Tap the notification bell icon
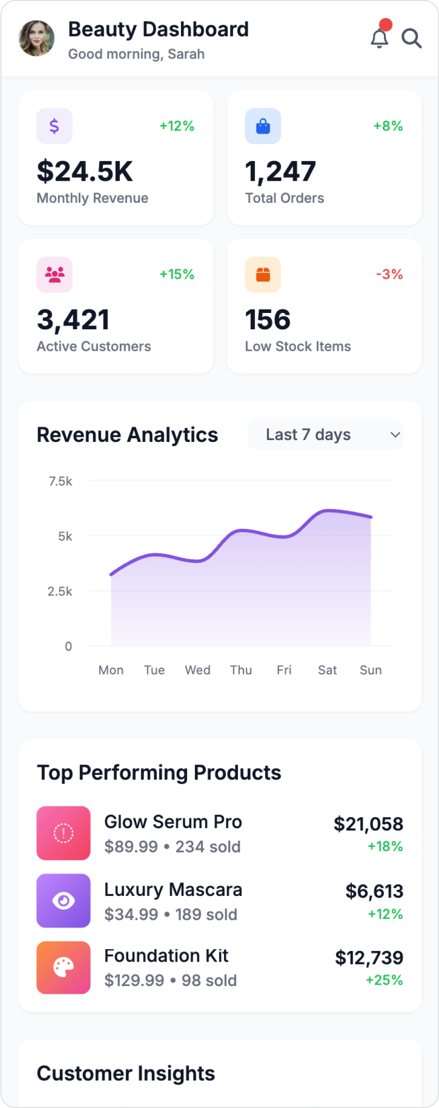[380, 38]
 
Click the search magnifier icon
[411, 38]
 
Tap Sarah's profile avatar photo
[36, 38]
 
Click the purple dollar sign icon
[54, 126]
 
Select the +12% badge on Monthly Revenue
[177, 126]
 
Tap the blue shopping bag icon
[263, 126]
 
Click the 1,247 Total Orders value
[281, 171]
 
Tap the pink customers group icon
[54, 275]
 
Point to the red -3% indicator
[389, 274]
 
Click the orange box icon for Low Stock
[263, 275]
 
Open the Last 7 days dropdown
[325, 434]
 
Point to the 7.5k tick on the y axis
[61, 481]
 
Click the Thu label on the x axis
[241, 670]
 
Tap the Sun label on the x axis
[371, 670]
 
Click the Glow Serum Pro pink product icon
[64, 833]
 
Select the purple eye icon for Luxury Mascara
[64, 900]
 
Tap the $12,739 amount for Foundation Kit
[369, 958]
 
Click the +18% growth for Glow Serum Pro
[385, 846]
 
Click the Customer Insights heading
[126, 1073]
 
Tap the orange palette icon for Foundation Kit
[64, 967]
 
